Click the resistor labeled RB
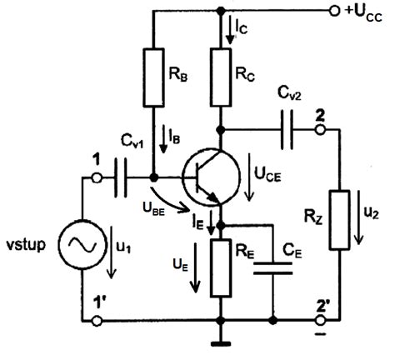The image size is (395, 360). tap(153, 77)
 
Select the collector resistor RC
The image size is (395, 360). tap(221, 77)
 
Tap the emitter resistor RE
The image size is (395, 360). tap(221, 267)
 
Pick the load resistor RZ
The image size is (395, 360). tap(339, 220)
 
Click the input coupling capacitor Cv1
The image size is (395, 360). tap(121, 177)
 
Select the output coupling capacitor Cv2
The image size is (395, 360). tap(287, 130)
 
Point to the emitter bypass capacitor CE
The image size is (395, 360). tap(273, 268)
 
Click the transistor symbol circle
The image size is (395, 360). tap(212, 177)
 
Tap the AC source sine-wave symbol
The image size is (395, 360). tap(82, 245)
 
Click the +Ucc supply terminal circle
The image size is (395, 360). tap(334, 11)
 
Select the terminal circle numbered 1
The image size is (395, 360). tap(97, 177)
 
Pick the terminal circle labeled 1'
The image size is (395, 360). tap(97, 321)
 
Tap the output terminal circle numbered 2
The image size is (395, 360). tap(320, 130)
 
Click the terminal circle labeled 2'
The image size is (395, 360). tap(320, 321)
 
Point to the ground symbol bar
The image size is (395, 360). tap(221, 344)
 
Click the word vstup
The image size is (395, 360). tap(26, 245)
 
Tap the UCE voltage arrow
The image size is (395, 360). tap(249, 177)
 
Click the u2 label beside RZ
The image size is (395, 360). tap(372, 214)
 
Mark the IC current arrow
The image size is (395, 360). tap(230, 30)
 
